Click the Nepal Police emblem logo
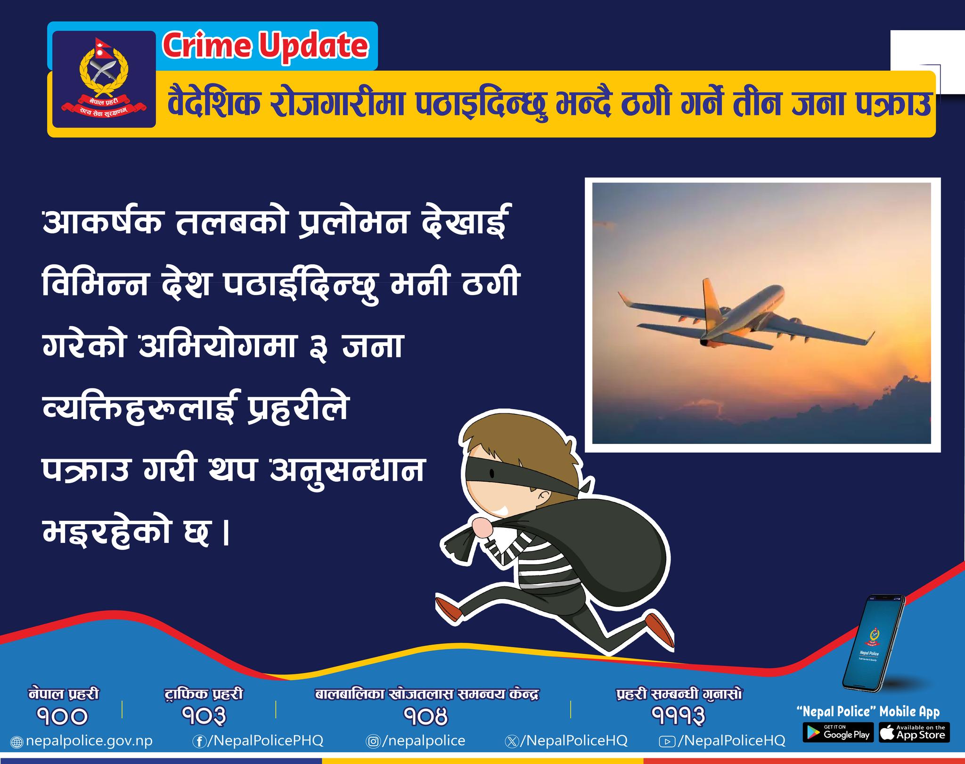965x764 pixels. pyautogui.click(x=104, y=79)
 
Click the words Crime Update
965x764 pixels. pyautogui.click(x=265, y=46)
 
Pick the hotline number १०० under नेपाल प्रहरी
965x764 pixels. pyautogui.click(x=63, y=716)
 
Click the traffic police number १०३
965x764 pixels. pyautogui.click(x=204, y=716)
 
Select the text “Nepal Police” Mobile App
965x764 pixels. pyautogui.click(x=867, y=712)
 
